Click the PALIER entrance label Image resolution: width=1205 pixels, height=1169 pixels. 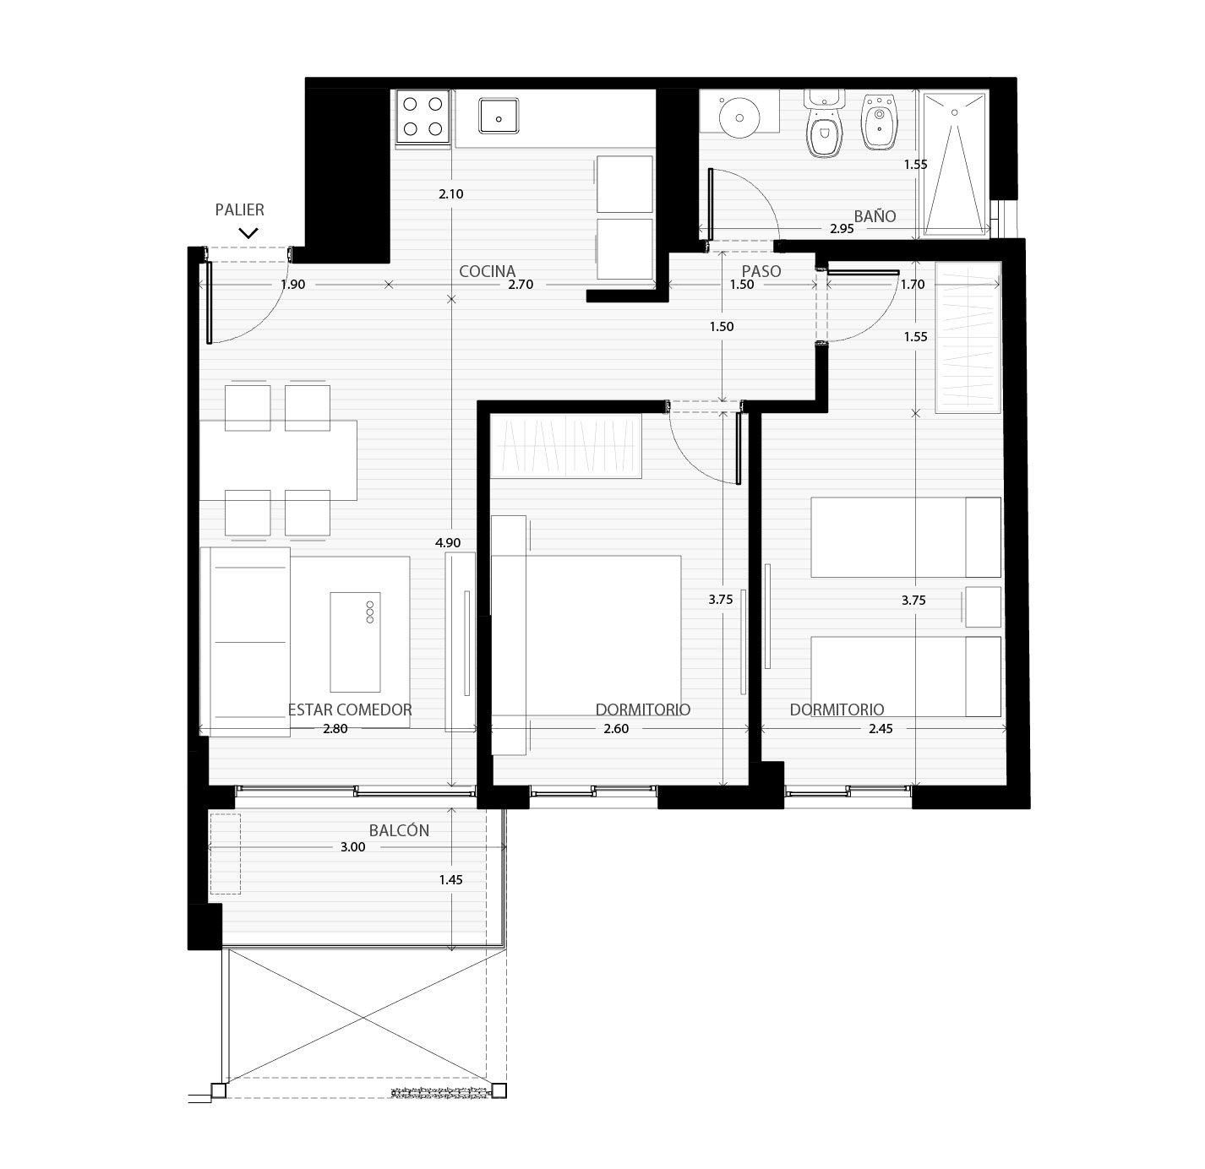tap(240, 209)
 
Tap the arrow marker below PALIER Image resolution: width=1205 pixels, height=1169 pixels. tap(248, 233)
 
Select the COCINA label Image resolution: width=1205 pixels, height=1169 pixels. tap(488, 271)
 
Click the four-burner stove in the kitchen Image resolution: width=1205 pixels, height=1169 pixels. tap(423, 117)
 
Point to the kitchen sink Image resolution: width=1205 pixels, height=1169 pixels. tap(499, 116)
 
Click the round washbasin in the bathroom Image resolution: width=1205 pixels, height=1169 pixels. tap(739, 116)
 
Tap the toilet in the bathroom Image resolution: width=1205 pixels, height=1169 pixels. tap(824, 123)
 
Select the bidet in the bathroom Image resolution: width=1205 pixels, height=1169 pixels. tap(880, 122)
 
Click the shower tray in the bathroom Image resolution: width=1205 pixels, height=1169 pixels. tap(954, 163)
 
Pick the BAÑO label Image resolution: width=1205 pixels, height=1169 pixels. tap(875, 216)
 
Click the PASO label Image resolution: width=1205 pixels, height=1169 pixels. tap(761, 271)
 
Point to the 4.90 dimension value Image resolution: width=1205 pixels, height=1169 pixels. tap(448, 543)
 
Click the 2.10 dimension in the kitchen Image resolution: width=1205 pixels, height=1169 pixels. tap(450, 193)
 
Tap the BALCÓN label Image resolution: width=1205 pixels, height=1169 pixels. tap(399, 830)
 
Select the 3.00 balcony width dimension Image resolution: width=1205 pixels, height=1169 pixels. tap(353, 847)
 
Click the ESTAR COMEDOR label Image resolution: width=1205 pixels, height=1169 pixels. tap(350, 710)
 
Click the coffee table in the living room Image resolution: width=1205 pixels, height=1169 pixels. tap(356, 642)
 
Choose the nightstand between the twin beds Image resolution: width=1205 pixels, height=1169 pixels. tap(984, 606)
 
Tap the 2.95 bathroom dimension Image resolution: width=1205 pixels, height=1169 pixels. tap(842, 228)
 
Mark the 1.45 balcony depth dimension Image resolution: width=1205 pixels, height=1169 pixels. tap(450, 879)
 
